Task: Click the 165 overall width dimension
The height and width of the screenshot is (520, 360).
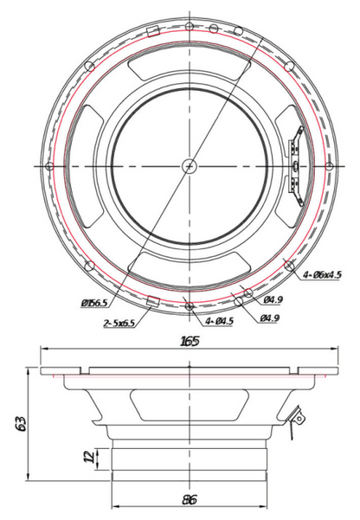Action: pyautogui.click(x=190, y=341)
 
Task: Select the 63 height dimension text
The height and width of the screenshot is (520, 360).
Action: pyautogui.click(x=21, y=423)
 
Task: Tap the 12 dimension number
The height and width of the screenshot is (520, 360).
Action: pyautogui.click(x=89, y=458)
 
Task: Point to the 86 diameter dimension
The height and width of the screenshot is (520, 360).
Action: pyautogui.click(x=190, y=499)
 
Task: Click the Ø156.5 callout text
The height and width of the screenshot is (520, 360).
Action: pyautogui.click(x=94, y=303)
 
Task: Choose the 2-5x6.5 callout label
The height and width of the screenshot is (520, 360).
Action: pyautogui.click(x=119, y=323)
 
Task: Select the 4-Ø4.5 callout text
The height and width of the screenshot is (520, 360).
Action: pyautogui.click(x=219, y=321)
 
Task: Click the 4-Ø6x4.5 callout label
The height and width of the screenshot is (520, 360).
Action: pyautogui.click(x=322, y=274)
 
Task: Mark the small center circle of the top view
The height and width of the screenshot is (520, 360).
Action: pyautogui.click(x=190, y=166)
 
